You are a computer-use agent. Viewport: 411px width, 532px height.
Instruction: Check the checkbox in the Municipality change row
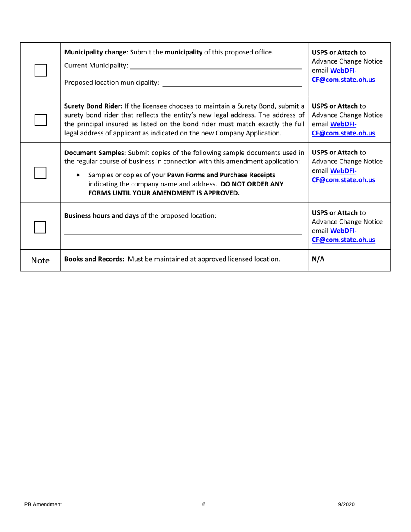(x=40, y=70)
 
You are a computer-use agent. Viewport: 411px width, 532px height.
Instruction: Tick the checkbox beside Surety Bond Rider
(x=40, y=120)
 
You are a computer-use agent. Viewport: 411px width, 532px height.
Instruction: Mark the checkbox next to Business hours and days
(x=40, y=227)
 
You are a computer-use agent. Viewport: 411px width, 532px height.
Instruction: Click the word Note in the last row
(x=40, y=260)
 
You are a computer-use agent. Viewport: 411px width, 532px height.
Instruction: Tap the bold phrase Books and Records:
(x=94, y=260)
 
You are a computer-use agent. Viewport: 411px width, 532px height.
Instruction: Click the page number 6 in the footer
(x=204, y=504)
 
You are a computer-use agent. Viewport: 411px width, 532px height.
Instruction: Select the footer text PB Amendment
(x=42, y=504)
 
